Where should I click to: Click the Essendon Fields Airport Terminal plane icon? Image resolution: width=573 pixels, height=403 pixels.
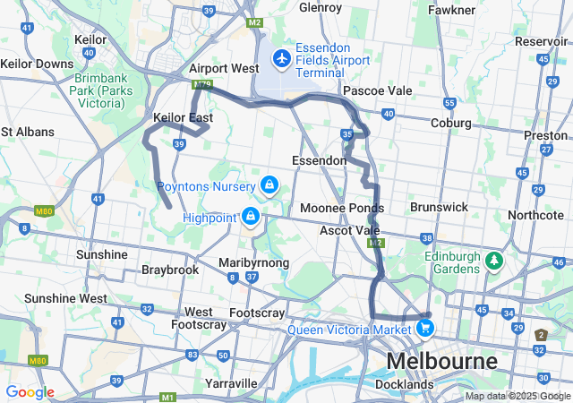pos(282,58)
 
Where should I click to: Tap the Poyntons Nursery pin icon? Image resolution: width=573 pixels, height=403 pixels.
pos(269,185)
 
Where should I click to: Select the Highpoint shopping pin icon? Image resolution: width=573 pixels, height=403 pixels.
pos(252,217)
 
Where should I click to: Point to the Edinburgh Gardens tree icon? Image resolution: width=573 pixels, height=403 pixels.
pos(493,261)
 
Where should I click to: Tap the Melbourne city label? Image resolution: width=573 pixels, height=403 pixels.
pos(441,362)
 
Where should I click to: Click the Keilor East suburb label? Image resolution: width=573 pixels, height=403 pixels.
pos(183,117)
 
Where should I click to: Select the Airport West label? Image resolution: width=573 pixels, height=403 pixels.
pos(224,68)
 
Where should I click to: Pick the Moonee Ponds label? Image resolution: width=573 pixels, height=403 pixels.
pos(341,208)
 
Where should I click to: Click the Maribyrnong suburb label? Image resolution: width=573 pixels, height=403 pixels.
pos(254,262)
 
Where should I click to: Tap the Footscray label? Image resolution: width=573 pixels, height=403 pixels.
pos(257,313)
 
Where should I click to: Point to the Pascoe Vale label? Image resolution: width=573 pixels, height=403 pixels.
pos(378,90)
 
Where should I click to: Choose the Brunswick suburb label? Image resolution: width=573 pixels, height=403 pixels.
pos(439,206)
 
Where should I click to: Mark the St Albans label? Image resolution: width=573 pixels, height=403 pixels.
pos(28,131)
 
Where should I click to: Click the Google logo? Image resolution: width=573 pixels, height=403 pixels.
pos(30,391)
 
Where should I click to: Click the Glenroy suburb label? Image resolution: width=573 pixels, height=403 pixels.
pos(321,7)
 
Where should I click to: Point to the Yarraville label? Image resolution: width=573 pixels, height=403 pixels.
pos(231,382)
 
